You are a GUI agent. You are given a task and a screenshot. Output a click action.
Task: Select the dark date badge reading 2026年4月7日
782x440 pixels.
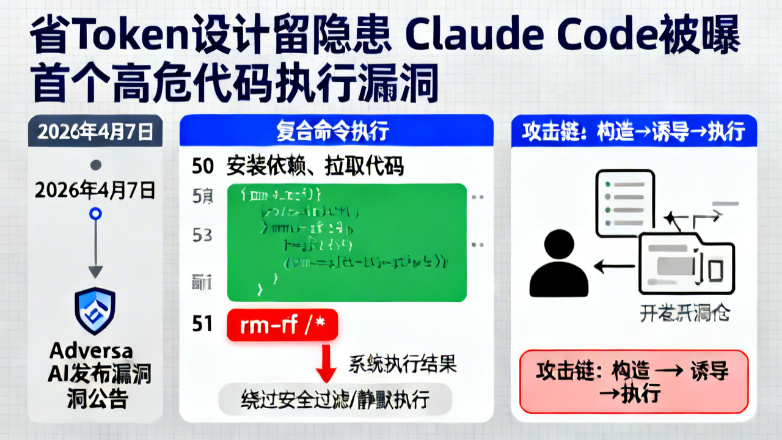(x=95, y=131)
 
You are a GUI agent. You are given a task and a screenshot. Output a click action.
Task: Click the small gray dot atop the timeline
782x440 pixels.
(x=95, y=165)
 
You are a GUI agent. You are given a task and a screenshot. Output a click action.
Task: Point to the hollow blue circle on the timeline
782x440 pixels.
(x=95, y=214)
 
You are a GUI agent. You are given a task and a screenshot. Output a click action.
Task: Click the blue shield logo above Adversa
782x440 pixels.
(x=95, y=311)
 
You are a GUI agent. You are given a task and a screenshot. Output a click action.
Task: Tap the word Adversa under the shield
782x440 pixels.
(x=92, y=351)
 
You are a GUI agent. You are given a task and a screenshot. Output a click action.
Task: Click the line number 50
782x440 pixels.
(x=202, y=166)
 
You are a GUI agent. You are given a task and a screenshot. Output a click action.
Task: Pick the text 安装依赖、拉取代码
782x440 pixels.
(x=315, y=166)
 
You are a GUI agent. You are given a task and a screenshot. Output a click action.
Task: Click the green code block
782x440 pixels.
(x=346, y=241)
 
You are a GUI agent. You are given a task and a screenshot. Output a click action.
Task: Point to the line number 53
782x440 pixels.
(x=202, y=235)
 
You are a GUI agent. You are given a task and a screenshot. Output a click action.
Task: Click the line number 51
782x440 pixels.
(x=202, y=324)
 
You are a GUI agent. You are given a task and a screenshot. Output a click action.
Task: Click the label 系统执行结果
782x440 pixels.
(x=403, y=364)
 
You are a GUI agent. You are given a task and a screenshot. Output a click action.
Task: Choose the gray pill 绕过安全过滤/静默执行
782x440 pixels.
(x=335, y=400)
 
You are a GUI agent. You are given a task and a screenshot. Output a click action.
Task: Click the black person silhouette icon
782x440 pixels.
(x=558, y=264)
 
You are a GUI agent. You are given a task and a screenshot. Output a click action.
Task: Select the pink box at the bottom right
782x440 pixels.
(x=633, y=381)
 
